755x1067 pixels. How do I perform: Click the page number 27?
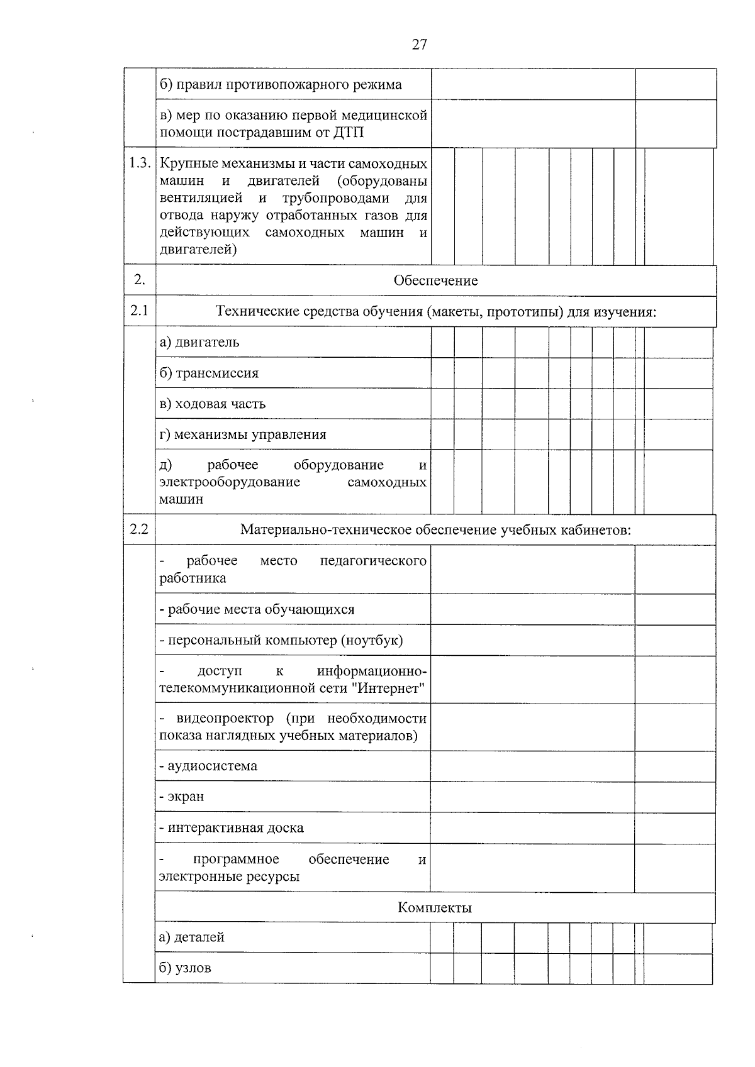(x=420, y=44)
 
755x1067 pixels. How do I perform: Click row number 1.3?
(x=140, y=163)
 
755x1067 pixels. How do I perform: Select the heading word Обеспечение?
(x=435, y=280)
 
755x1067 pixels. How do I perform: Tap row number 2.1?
(x=139, y=310)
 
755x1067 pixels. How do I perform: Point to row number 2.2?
(x=139, y=529)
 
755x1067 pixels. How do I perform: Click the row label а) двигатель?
(x=199, y=342)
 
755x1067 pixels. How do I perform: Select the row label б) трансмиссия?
(x=209, y=373)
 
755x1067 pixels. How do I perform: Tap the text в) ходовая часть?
(x=212, y=404)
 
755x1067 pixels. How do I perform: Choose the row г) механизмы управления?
(x=243, y=434)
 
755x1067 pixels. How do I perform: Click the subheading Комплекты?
(x=435, y=907)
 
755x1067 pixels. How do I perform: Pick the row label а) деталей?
(x=192, y=937)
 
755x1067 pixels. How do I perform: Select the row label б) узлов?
(x=185, y=968)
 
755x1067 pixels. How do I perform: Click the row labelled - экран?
(x=182, y=796)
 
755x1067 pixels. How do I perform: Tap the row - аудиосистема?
(x=208, y=766)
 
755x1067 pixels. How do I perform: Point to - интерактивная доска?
(x=232, y=827)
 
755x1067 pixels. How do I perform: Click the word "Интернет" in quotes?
(x=390, y=688)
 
